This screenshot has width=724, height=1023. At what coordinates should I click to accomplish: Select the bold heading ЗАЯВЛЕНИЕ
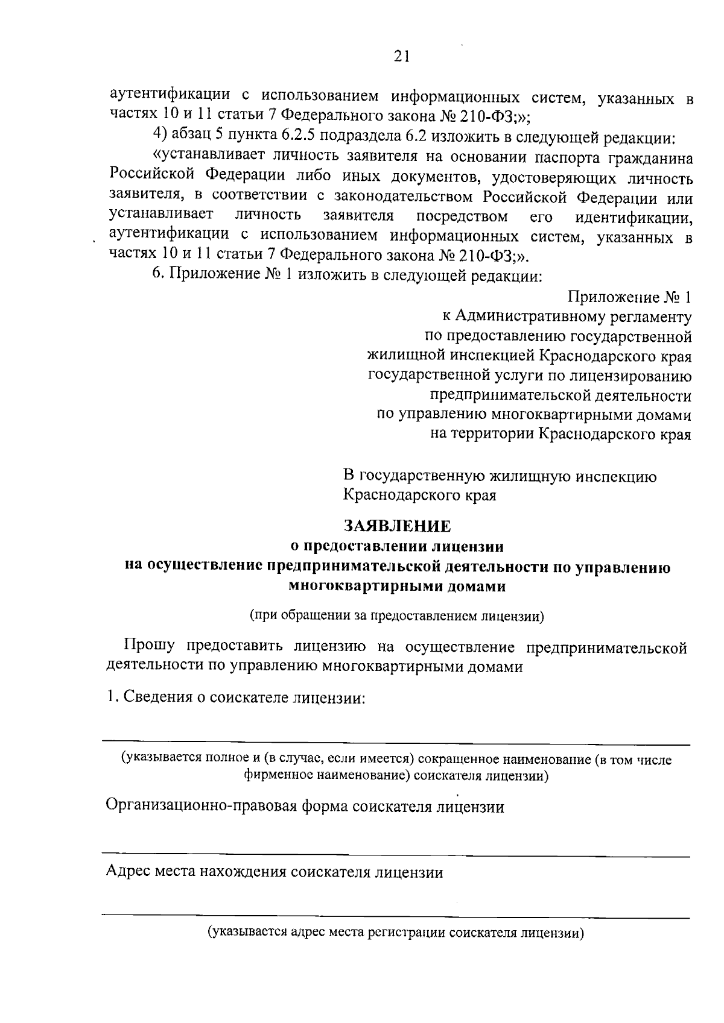click(x=397, y=526)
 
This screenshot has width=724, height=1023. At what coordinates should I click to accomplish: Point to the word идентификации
click(x=634, y=216)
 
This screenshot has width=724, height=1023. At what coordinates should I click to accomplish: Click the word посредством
click(x=462, y=216)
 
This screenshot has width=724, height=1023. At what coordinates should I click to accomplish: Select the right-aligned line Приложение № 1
click(x=629, y=297)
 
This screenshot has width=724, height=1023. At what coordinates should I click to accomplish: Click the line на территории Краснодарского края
click(x=560, y=434)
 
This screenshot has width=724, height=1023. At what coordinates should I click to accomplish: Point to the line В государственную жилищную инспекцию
click(x=500, y=476)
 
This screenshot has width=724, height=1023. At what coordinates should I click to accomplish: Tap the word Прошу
click(x=149, y=647)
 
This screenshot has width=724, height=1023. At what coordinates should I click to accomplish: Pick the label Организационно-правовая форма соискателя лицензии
click(x=305, y=807)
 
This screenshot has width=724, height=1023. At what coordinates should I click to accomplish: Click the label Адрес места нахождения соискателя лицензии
click(x=275, y=872)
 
